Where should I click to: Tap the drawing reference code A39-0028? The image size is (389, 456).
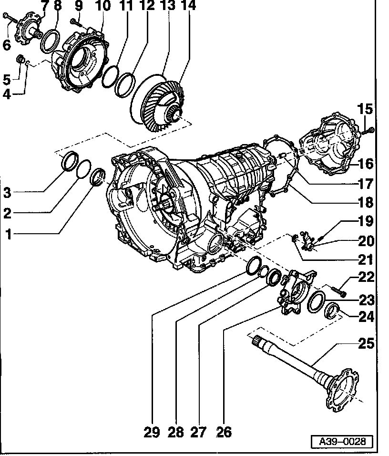[x=342, y=442]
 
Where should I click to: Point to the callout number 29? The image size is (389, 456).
[x=151, y=432]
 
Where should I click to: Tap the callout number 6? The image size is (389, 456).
[x=6, y=45]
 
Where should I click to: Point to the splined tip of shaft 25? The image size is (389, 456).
[x=258, y=340]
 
